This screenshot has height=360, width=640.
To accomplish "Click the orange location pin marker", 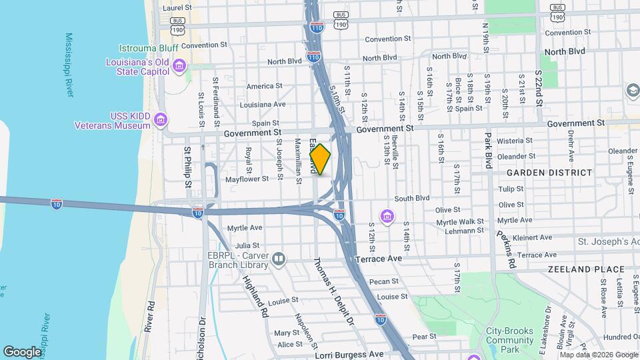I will click(x=320, y=160).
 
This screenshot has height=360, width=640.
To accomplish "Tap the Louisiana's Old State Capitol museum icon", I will click(x=179, y=65).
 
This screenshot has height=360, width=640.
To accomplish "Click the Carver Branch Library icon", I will click(x=279, y=258).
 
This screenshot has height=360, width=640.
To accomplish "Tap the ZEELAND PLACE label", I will click(x=586, y=269).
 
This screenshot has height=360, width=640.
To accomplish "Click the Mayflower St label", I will click(x=247, y=179).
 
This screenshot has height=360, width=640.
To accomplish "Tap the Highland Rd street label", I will click(x=255, y=295).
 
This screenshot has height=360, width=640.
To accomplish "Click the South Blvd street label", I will click(x=412, y=198).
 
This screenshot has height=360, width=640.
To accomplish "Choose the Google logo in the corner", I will click(x=23, y=351).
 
